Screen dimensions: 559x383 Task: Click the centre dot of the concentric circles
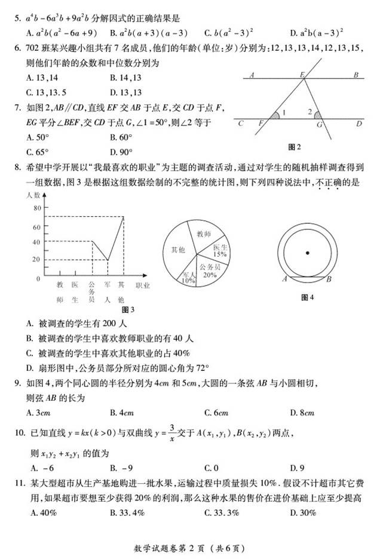307,253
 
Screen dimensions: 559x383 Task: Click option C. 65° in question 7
41,152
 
